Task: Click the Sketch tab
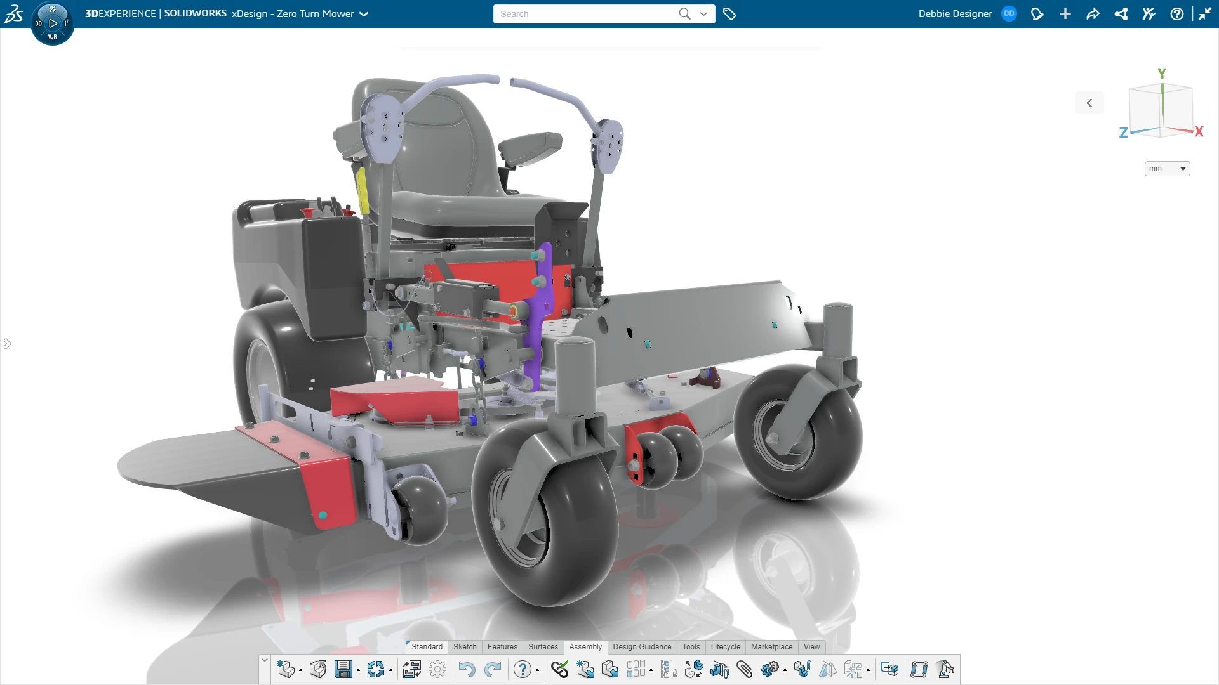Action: point(465,647)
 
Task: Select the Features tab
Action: point(502,647)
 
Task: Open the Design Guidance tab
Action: point(641,647)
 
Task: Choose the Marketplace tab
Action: point(771,647)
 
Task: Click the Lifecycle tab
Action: point(725,647)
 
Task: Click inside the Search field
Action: point(584,14)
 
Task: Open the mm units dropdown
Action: point(1167,169)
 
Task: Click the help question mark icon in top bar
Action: point(1176,14)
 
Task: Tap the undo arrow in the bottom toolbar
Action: point(467,669)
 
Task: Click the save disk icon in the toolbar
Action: point(343,669)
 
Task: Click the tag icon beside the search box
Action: point(729,14)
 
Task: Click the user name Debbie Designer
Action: point(955,14)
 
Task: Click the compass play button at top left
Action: point(53,23)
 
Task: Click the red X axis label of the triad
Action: point(1199,131)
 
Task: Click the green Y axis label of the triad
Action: point(1162,74)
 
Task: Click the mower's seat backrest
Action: point(444,140)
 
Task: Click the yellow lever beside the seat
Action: point(362,190)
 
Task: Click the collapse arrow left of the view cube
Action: point(1089,103)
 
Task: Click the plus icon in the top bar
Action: point(1065,14)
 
